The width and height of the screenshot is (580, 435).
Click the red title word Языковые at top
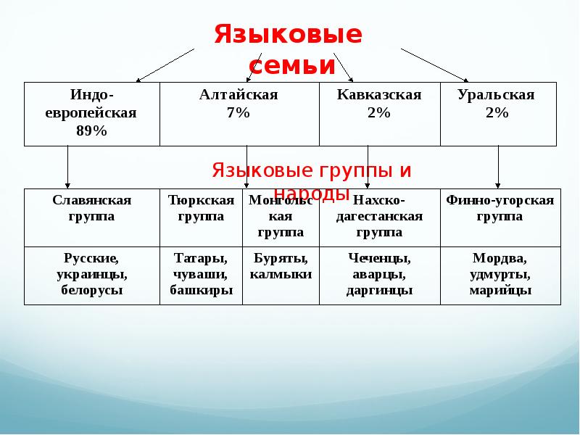pyautogui.click(x=288, y=35)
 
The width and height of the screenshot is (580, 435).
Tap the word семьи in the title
pyautogui.click(x=288, y=66)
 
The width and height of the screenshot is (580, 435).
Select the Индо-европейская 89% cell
pyautogui.click(x=91, y=113)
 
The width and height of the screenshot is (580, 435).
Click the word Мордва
pyautogui.click(x=500, y=258)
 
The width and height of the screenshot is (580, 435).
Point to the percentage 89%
pyautogui.click(x=91, y=130)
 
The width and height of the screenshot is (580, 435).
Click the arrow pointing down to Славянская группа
pyautogui.click(x=68, y=167)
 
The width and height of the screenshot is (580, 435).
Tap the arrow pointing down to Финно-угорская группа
pyautogui.click(x=498, y=167)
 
